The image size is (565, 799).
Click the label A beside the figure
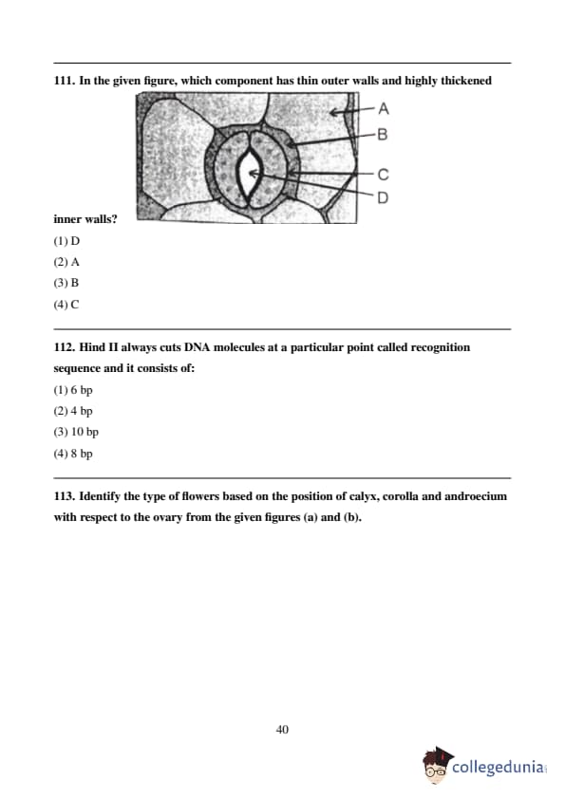(384, 108)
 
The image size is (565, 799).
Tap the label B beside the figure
(383, 135)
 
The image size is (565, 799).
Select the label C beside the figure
(383, 175)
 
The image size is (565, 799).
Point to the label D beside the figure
(383, 197)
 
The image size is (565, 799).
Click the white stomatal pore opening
(250, 175)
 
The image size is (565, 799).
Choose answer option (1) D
(66, 241)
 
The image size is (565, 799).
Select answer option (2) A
(66, 262)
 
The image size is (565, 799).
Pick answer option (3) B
(66, 283)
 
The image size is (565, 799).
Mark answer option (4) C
(66, 305)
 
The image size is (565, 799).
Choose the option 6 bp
(82, 390)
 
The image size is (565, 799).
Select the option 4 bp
(82, 411)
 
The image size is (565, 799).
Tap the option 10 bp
(85, 432)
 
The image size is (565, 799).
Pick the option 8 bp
(82, 454)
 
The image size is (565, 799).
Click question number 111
(65, 81)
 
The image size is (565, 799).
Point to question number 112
(65, 347)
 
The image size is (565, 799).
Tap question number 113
(65, 496)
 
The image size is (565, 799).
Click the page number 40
(283, 730)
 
